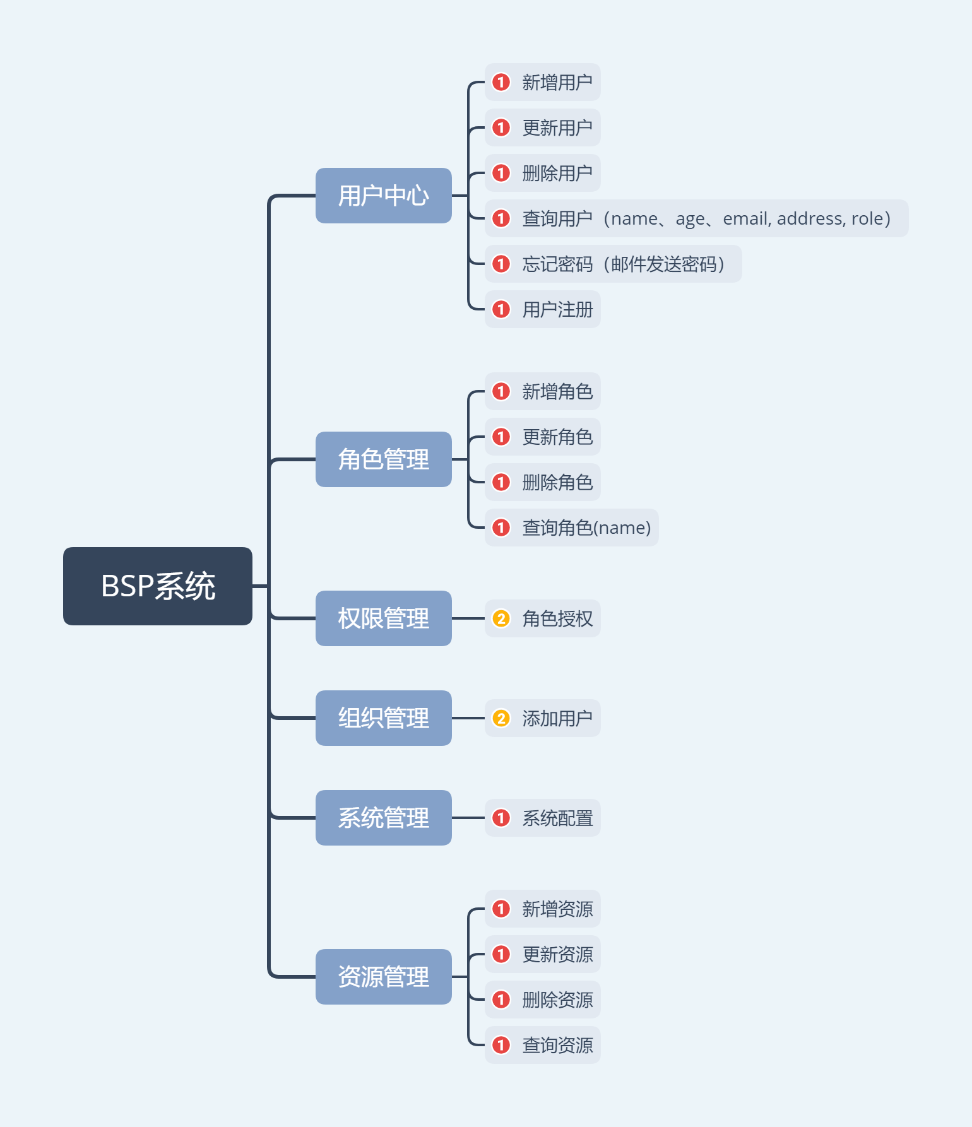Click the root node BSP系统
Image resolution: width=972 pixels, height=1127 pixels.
click(158, 586)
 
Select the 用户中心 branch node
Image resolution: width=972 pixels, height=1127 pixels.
click(383, 196)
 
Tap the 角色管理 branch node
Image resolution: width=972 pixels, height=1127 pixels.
click(383, 459)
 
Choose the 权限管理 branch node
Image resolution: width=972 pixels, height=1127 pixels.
click(383, 618)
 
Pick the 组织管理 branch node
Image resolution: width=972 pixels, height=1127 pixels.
click(383, 718)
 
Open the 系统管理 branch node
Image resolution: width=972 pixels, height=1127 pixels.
click(383, 818)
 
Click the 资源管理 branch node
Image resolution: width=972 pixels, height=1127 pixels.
click(383, 977)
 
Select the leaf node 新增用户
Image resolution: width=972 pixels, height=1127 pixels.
click(556, 82)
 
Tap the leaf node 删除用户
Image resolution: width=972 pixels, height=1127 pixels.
click(556, 173)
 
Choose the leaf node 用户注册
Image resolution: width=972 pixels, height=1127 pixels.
click(556, 309)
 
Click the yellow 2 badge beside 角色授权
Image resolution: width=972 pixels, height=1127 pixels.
click(501, 618)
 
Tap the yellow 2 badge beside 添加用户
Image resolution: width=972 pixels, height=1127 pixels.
click(501, 718)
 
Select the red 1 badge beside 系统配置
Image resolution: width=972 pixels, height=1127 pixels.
click(501, 818)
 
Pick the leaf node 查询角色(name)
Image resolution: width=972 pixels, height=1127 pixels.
click(585, 528)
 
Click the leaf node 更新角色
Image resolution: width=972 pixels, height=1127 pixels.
click(556, 437)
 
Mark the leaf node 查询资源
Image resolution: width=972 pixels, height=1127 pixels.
click(556, 1045)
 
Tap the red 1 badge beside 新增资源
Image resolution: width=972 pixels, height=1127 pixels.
click(501, 909)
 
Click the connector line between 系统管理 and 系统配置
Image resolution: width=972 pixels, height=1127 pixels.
click(468, 818)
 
